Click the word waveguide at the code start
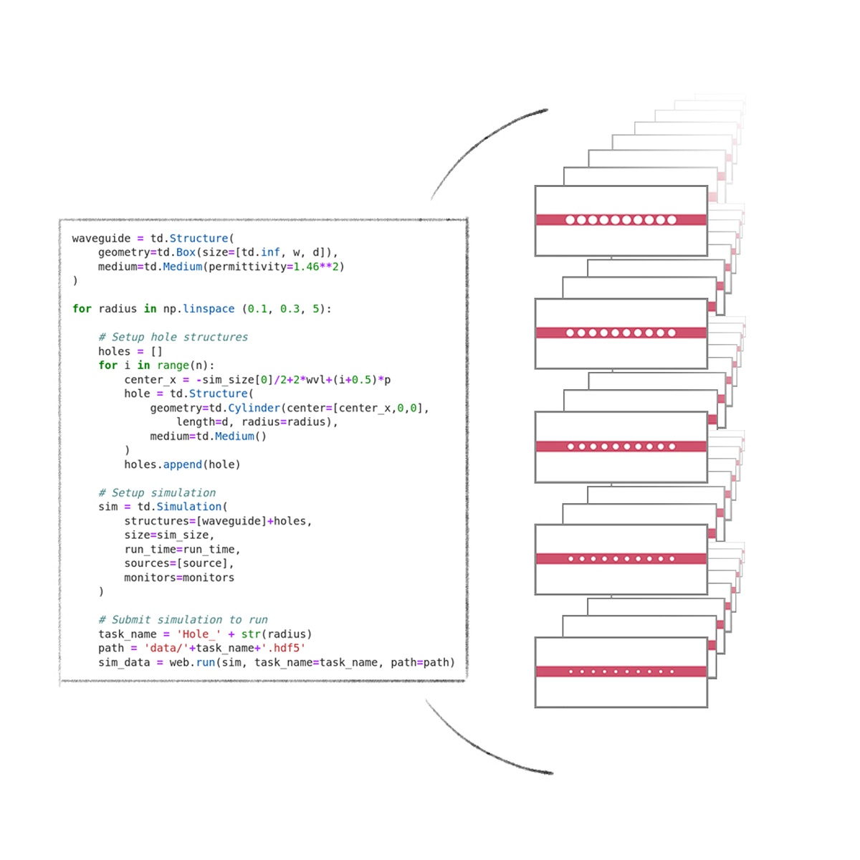(x=101, y=239)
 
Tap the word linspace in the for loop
(x=209, y=309)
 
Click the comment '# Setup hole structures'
(x=173, y=337)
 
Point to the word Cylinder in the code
(x=254, y=408)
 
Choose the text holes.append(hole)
(x=182, y=464)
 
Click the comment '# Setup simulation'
(x=157, y=492)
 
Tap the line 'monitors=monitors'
(x=179, y=578)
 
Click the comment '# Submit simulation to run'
(x=183, y=620)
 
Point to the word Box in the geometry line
(x=186, y=252)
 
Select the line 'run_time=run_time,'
(x=182, y=550)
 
